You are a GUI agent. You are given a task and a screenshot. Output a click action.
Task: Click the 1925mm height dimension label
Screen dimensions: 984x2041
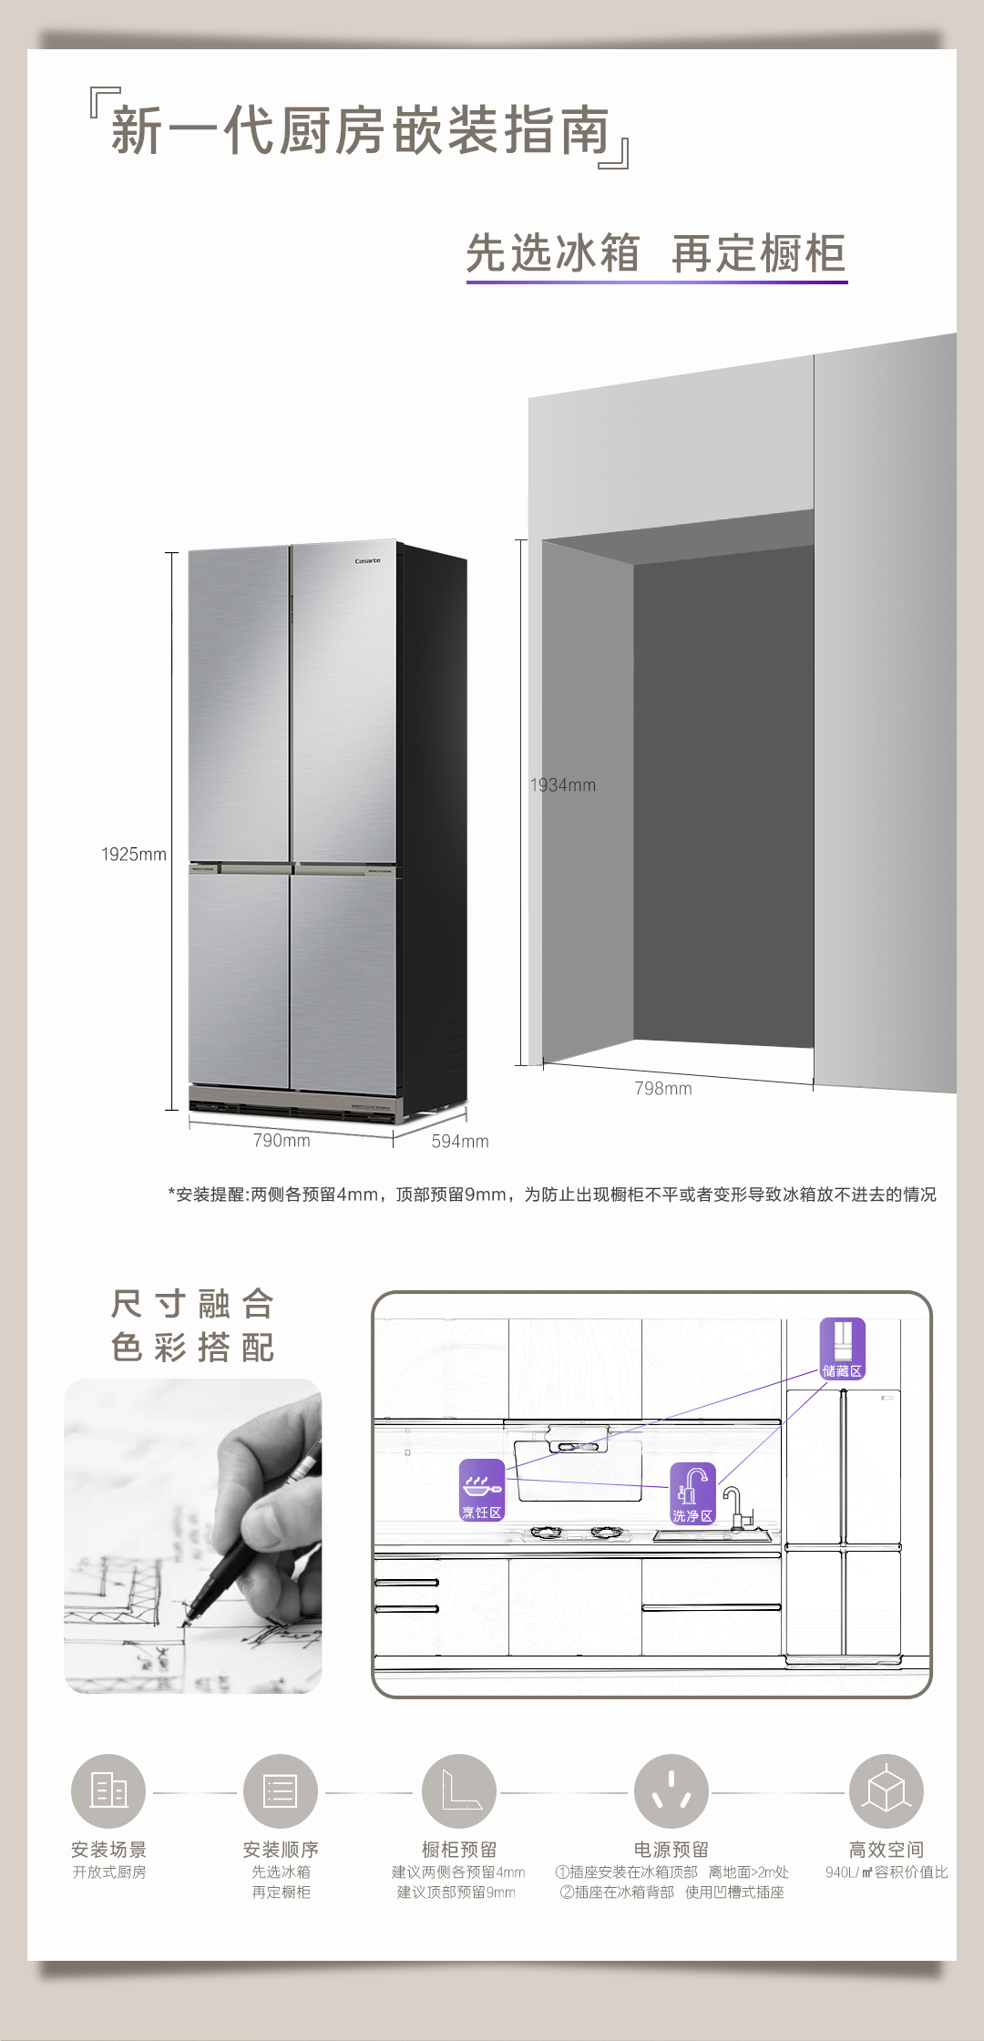pos(134,855)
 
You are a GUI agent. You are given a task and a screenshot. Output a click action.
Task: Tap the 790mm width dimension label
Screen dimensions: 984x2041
pos(282,1141)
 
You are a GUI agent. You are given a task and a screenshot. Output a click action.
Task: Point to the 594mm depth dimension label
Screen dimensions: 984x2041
pos(460,1142)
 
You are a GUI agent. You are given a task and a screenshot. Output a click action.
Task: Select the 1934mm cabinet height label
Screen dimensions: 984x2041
pos(563,785)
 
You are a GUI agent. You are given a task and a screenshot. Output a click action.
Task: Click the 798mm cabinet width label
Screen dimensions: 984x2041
pos(663,1089)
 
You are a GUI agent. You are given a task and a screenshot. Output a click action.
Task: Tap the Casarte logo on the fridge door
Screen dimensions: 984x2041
pos(368,560)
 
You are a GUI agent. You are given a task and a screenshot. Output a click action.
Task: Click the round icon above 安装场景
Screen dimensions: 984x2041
pos(108,1791)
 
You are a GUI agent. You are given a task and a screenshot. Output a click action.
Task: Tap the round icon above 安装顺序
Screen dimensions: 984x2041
pos(281,1791)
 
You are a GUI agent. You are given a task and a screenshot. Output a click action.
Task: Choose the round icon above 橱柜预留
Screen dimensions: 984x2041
pos(459,1791)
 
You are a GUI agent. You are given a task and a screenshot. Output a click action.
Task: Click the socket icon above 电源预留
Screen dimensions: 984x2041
pos(671,1791)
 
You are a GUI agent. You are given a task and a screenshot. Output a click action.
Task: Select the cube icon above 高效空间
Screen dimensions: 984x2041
pos(887,1791)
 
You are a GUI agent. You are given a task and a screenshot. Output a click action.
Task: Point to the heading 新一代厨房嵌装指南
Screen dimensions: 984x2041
pos(360,129)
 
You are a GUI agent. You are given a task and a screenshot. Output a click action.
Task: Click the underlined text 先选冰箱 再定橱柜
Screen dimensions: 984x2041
pos(656,253)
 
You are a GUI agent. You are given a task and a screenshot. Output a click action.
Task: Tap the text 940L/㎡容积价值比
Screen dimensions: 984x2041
pos(887,1872)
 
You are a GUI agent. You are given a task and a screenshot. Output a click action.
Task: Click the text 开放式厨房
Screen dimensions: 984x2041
pos(109,1872)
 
